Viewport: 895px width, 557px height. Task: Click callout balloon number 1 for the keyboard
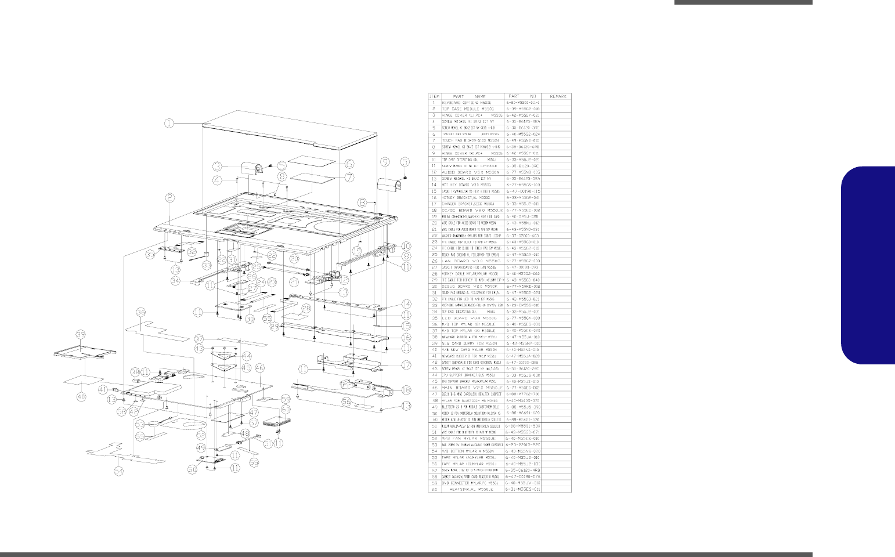168,123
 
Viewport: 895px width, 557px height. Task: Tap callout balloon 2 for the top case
169,198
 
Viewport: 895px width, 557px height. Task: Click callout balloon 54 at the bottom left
119,471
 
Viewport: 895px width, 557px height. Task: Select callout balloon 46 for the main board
259,367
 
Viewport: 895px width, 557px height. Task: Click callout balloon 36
140,312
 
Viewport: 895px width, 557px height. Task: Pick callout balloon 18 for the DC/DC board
405,390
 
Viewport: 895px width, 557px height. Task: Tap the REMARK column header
555,96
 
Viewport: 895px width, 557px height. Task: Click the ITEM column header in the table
433,96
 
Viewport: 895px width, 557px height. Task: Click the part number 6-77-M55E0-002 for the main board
523,388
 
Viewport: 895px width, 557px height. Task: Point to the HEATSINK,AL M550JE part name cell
471,489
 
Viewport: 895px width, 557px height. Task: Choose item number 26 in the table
433,261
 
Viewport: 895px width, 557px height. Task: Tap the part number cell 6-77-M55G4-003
523,318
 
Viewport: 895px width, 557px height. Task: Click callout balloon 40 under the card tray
81,396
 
